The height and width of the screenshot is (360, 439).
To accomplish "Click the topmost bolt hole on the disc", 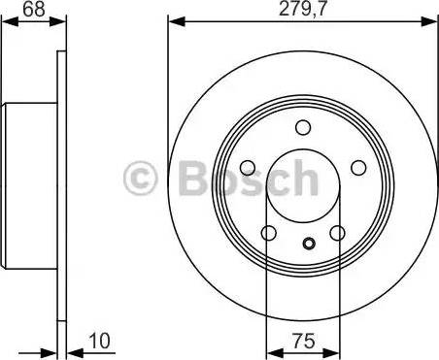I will pyautogui.click(x=303, y=127).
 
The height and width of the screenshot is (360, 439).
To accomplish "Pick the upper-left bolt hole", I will pyautogui.click(x=249, y=166).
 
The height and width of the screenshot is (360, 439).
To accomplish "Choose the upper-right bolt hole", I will pyautogui.click(x=356, y=166).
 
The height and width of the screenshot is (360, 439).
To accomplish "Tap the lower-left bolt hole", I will pyautogui.click(x=269, y=232).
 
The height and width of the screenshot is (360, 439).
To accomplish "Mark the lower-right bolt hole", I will pyautogui.click(x=337, y=232).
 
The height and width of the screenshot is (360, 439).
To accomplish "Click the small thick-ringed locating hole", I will pyautogui.click(x=309, y=245).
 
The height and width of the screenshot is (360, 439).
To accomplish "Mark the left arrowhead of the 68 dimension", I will pyautogui.click(x=8, y=20).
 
